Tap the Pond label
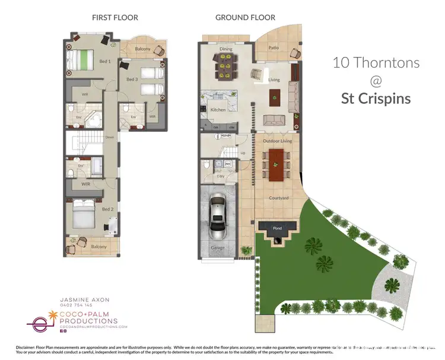(x=277, y=228)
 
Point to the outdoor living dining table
(x=276, y=164)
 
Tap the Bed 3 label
(x=132, y=79)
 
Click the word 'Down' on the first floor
(x=109, y=138)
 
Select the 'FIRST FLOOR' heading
(x=115, y=18)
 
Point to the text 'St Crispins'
(x=376, y=98)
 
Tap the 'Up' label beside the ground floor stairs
(x=242, y=153)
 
